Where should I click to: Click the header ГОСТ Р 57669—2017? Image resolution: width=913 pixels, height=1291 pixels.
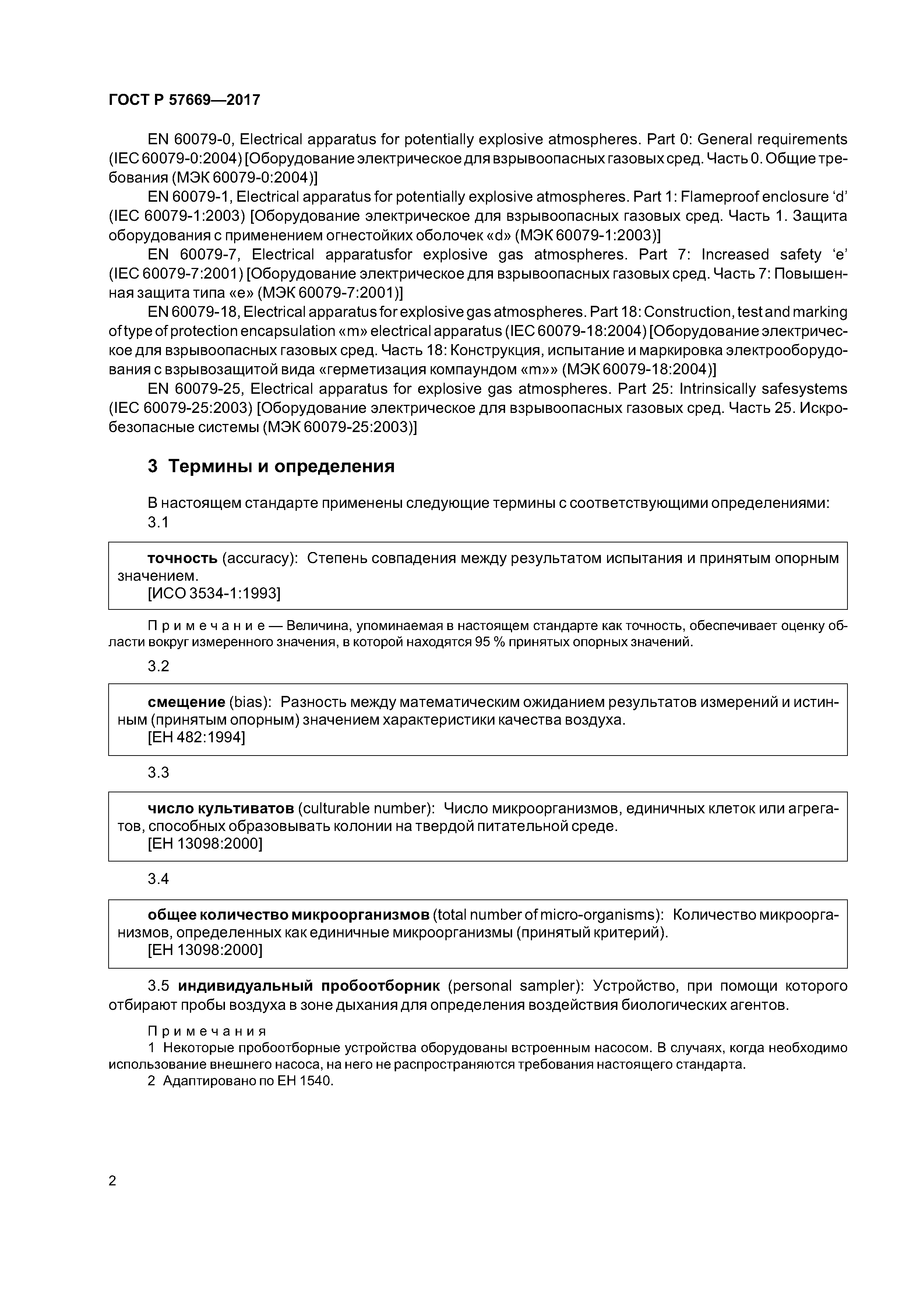click(184, 100)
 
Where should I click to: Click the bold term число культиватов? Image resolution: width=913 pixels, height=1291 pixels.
click(221, 809)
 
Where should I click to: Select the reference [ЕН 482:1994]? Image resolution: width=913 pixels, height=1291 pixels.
click(196, 737)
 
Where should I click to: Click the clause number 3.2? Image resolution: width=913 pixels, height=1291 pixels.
click(158, 666)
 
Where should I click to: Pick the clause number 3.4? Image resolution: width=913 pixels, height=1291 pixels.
click(158, 879)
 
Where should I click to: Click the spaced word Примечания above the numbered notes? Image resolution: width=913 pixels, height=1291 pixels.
click(207, 1031)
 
